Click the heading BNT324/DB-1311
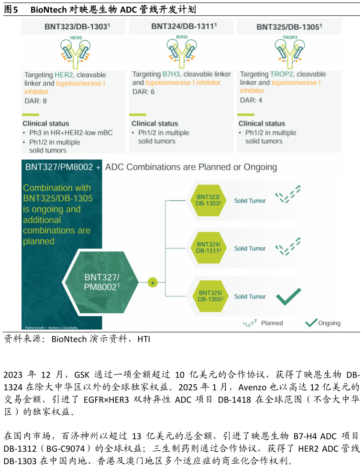(184, 26)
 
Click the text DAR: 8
(36, 101)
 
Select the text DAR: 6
(143, 91)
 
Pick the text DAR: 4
(251, 100)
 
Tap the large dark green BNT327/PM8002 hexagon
(102, 282)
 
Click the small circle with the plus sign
(153, 283)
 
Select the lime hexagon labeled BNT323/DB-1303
(208, 200)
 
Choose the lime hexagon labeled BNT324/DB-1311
(208, 248)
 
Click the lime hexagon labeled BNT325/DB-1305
(210, 296)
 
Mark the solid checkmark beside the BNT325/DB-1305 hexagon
(288, 297)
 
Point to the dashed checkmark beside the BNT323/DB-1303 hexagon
(288, 194)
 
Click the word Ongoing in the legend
(329, 323)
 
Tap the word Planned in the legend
(272, 323)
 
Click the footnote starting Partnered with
(52, 327)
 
